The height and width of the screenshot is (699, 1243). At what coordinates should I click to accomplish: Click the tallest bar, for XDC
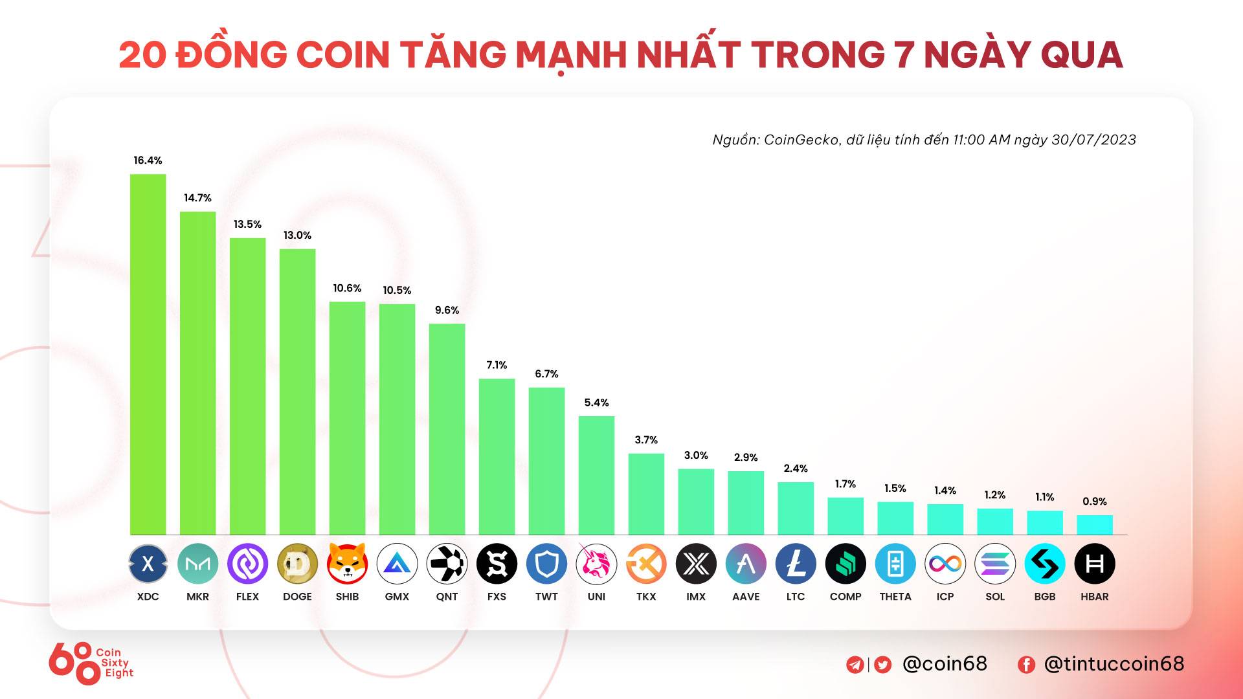[148, 354]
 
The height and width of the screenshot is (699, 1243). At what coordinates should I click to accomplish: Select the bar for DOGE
[297, 392]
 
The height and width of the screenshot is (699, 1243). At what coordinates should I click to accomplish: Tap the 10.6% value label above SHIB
[347, 288]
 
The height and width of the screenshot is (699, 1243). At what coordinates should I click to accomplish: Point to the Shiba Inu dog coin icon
[347, 564]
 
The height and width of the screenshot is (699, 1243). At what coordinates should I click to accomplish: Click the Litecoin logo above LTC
[796, 564]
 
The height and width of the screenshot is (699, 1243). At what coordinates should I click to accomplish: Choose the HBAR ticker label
[1094, 597]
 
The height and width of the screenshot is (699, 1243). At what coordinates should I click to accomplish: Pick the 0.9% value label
[1094, 502]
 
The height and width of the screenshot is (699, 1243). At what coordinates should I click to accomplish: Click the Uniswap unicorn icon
[596, 564]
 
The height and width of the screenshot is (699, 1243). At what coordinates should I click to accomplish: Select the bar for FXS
[497, 456]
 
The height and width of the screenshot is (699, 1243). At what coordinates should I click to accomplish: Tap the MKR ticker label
[197, 597]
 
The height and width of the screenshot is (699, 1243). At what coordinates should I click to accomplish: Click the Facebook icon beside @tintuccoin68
[1026, 665]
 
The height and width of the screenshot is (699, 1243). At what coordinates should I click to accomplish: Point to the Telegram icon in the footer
[855, 665]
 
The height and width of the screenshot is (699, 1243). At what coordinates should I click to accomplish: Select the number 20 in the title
[142, 54]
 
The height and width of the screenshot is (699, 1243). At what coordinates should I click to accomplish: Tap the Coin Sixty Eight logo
[91, 663]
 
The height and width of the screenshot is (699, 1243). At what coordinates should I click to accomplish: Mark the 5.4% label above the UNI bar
[596, 403]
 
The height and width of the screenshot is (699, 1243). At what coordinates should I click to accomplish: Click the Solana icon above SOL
[995, 564]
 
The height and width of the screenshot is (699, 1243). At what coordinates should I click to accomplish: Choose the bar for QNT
[447, 429]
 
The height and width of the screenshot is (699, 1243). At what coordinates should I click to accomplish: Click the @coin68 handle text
[945, 664]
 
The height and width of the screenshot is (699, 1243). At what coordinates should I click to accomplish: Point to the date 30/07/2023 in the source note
[1093, 140]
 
